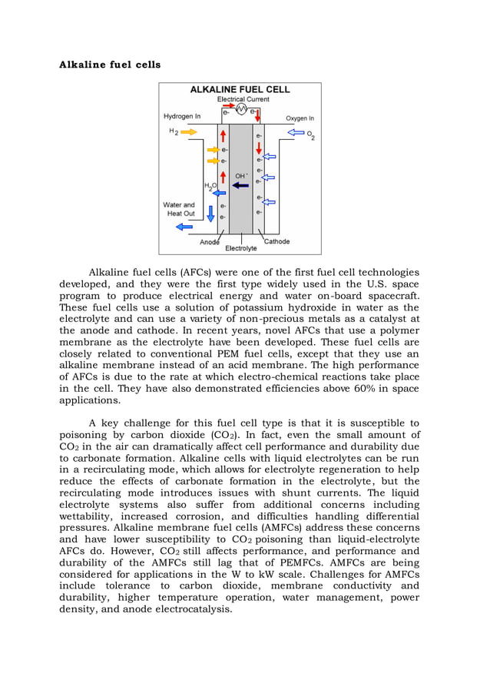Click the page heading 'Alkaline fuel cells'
[110, 65]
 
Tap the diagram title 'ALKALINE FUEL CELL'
[240, 89]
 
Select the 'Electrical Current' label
[243, 100]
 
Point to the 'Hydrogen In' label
[182, 117]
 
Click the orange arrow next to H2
[188, 132]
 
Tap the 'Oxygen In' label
[300, 118]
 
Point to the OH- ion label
[241, 175]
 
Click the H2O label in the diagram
[209, 186]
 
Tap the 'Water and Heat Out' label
[179, 209]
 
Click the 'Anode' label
[210, 242]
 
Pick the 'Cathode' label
[276, 241]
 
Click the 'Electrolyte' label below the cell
[240, 248]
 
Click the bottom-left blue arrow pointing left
[184, 227]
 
